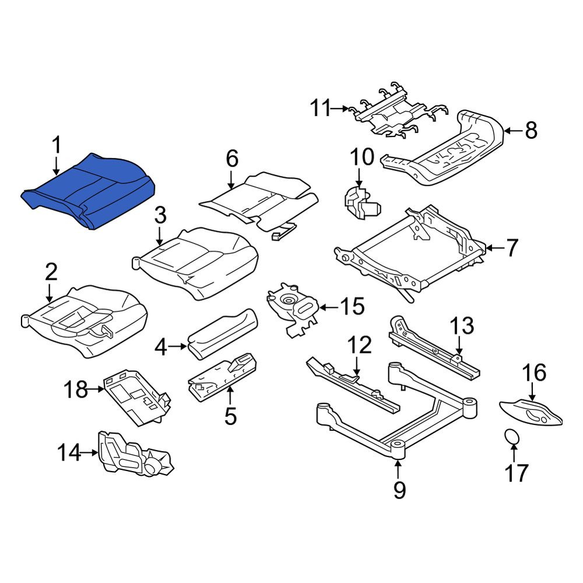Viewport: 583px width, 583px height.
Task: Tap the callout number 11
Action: point(321,108)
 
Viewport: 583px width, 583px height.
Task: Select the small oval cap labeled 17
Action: point(512,436)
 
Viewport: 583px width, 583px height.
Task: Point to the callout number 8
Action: point(531,131)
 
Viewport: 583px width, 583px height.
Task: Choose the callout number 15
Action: point(353,307)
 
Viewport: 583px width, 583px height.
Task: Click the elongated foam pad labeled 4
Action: point(222,333)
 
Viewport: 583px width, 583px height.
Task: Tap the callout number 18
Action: point(76,389)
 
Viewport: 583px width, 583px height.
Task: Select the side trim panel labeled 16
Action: point(531,412)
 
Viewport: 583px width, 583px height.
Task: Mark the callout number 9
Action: point(399,490)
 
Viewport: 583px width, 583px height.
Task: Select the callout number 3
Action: point(160,216)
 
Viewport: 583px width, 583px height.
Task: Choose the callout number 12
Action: point(360,345)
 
